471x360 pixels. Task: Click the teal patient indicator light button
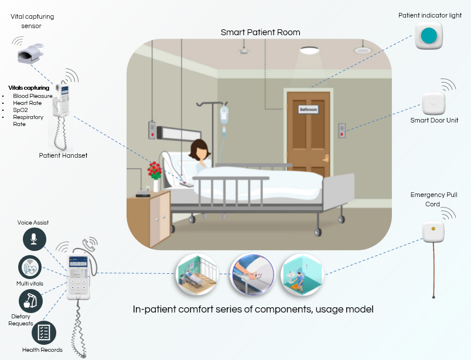[x=431, y=36]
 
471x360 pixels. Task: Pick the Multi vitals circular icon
[x=29, y=267]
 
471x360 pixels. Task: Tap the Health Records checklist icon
[x=43, y=332]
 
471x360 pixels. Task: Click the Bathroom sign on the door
[x=308, y=110]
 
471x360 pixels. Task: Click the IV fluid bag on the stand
[x=224, y=114]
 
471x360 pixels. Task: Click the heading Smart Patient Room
[x=260, y=32]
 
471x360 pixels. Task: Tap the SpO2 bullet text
[x=21, y=110]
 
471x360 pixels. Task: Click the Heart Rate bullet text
[x=27, y=103]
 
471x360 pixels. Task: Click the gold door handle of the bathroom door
[x=321, y=157]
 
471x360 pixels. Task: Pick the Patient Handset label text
[x=63, y=155]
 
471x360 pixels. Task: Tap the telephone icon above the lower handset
[x=90, y=244]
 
